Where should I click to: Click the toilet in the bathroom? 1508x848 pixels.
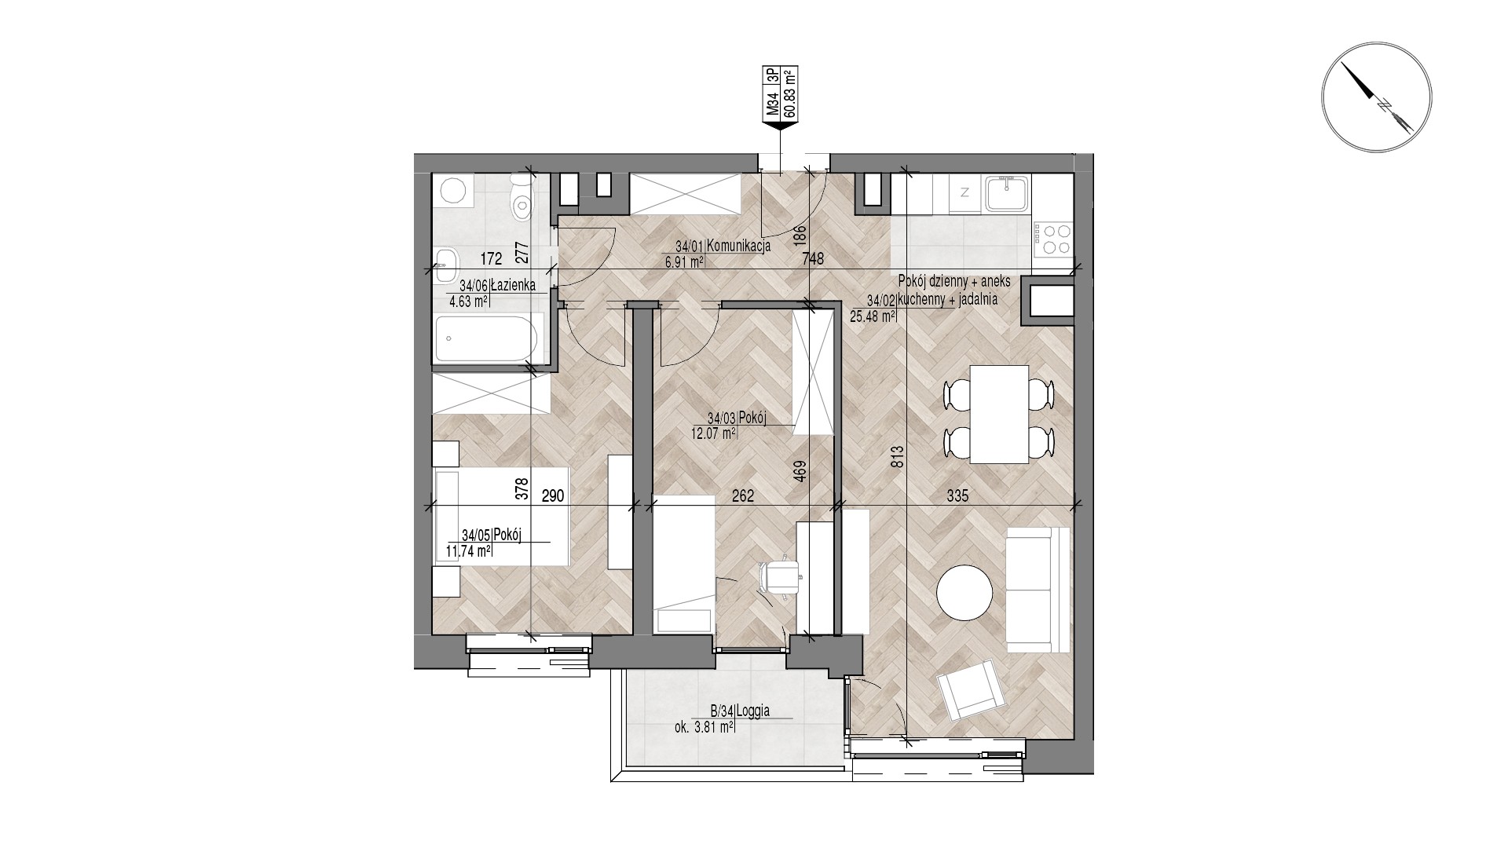(521, 198)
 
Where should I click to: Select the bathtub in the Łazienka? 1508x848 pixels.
(486, 338)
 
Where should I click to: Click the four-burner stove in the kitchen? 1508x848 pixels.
(1052, 239)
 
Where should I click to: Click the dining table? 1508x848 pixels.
(999, 414)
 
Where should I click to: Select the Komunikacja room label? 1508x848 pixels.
(738, 246)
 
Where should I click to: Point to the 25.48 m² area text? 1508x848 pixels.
(872, 317)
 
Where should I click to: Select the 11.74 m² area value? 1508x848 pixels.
(469, 551)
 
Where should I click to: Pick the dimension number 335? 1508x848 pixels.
(957, 496)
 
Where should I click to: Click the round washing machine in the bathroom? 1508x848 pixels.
(453, 191)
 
